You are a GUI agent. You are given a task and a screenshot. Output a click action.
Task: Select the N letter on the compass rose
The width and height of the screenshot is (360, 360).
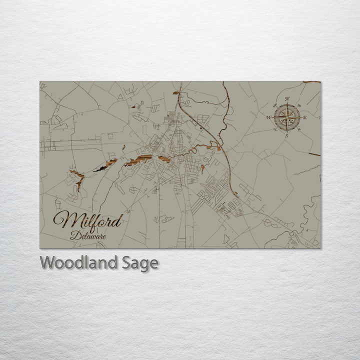click(x=287, y=99)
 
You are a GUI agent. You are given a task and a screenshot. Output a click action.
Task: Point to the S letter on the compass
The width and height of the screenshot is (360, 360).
click(x=286, y=135)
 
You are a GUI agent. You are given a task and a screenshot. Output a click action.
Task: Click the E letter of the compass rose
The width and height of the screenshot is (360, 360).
click(x=305, y=117)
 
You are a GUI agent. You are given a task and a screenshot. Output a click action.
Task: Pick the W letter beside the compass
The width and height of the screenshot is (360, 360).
click(x=269, y=117)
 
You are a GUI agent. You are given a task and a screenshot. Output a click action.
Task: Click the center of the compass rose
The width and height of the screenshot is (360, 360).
click(x=287, y=117)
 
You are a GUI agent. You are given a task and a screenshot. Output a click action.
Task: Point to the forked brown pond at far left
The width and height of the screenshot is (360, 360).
click(x=77, y=177)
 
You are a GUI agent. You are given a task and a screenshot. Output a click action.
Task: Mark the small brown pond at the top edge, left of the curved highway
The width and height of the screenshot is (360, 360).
click(x=176, y=92)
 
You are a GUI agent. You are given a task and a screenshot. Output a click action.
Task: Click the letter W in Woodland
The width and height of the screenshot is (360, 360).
click(x=48, y=262)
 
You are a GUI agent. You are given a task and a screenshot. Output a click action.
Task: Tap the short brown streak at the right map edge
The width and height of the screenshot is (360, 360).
click(x=313, y=154)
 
